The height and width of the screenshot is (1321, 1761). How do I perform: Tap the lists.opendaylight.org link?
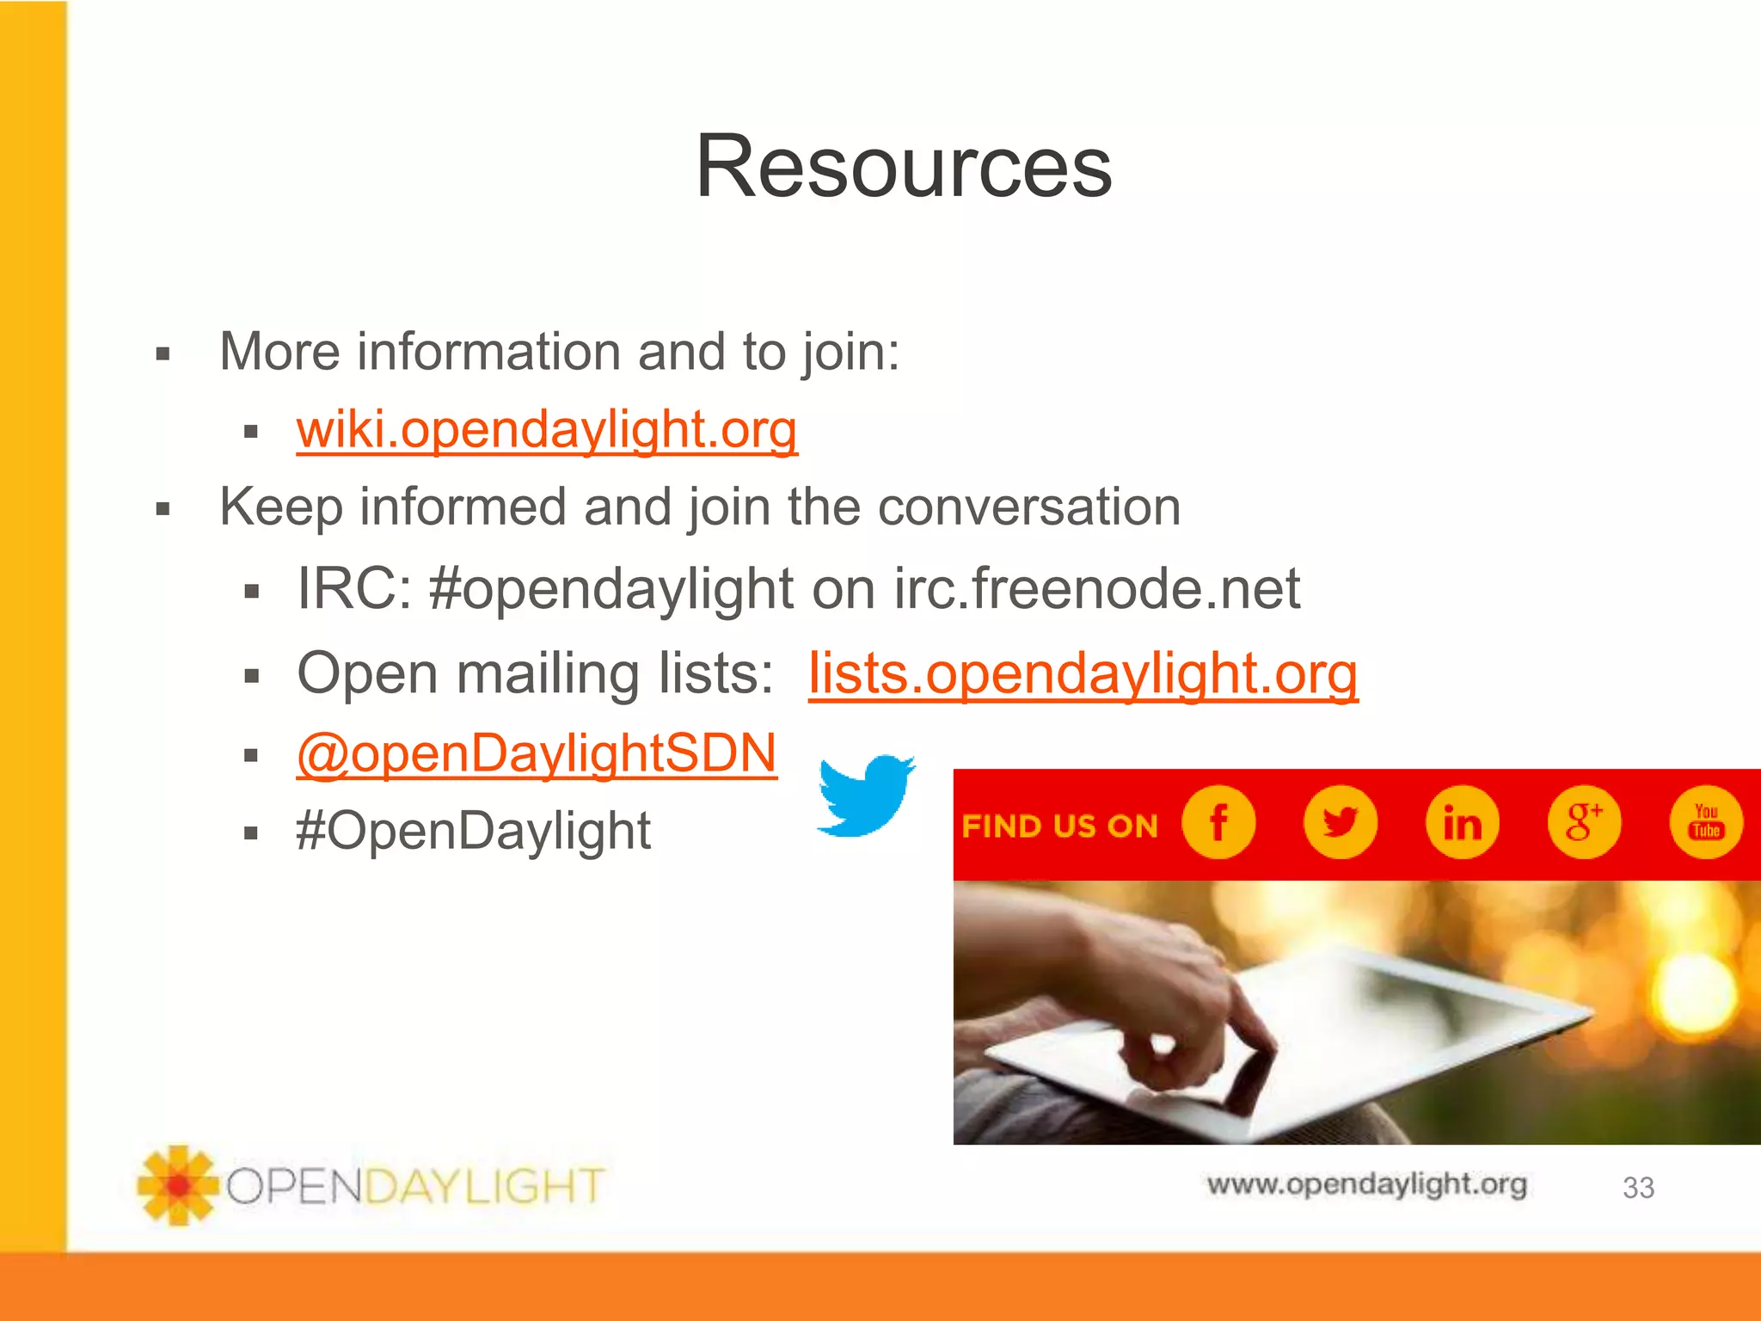pos(1083,673)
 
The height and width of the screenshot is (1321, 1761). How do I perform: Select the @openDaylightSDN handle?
pos(537,753)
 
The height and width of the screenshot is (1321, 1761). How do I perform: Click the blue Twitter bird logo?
pos(864,796)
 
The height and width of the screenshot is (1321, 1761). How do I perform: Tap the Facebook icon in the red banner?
pos(1218,822)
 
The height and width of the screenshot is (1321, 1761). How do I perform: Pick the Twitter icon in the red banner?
pos(1340,822)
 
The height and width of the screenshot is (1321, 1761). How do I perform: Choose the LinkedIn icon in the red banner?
pos(1462,822)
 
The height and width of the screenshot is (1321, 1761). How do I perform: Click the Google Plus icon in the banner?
pos(1584,822)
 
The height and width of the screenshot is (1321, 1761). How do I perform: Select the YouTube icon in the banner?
pos(1706,822)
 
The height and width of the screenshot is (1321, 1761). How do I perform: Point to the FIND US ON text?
pos(1059,826)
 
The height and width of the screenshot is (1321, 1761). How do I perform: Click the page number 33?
pos(1638,1188)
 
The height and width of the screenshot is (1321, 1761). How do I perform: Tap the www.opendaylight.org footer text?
pos(1366,1184)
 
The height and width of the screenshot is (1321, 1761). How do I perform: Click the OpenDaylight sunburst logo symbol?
pos(178,1185)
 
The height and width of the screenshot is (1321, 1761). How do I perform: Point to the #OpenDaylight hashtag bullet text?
pos(473,831)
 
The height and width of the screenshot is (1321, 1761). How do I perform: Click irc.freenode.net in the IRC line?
pos(1096,589)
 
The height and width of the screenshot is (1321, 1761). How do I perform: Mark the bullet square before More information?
pos(163,353)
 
